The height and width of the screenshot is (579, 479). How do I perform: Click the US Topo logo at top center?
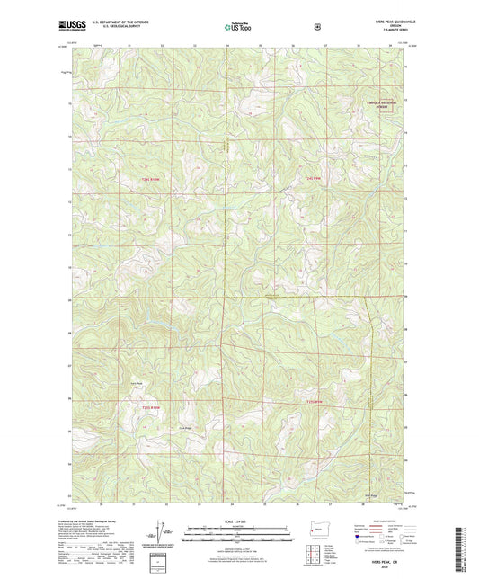(238, 28)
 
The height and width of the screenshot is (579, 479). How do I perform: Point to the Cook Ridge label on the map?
(185, 427)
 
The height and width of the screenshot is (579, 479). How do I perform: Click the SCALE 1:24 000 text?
(239, 521)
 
